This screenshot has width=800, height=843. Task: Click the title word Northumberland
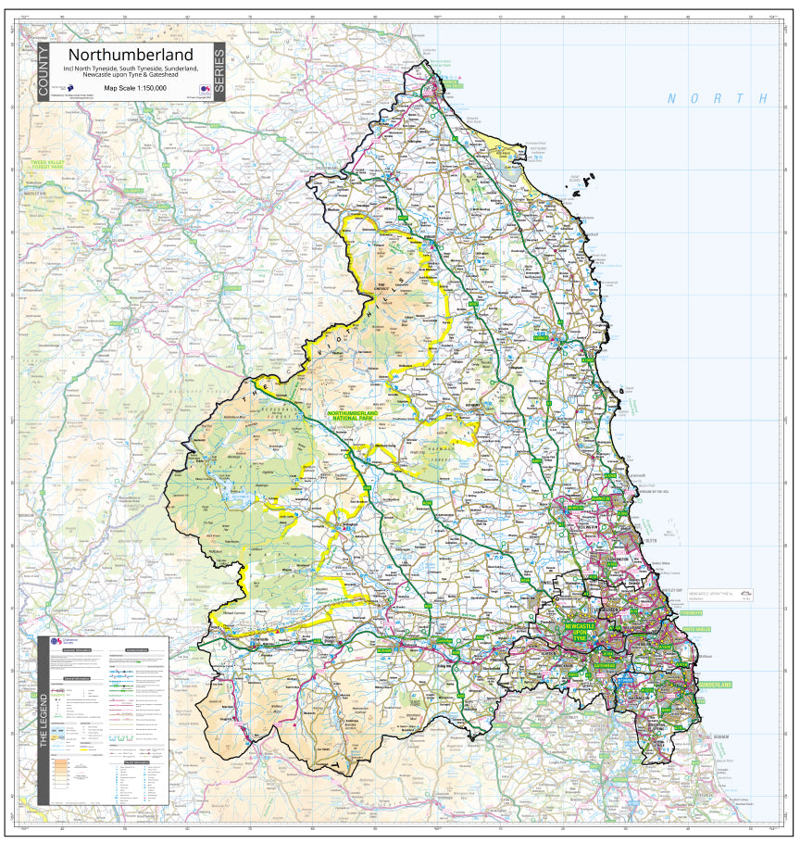(131, 56)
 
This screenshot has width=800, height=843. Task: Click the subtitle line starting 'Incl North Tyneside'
(131, 69)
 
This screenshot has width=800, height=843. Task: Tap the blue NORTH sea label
(719, 98)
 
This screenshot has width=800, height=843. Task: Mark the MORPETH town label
(575, 508)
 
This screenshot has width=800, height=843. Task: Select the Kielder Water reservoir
(222, 483)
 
